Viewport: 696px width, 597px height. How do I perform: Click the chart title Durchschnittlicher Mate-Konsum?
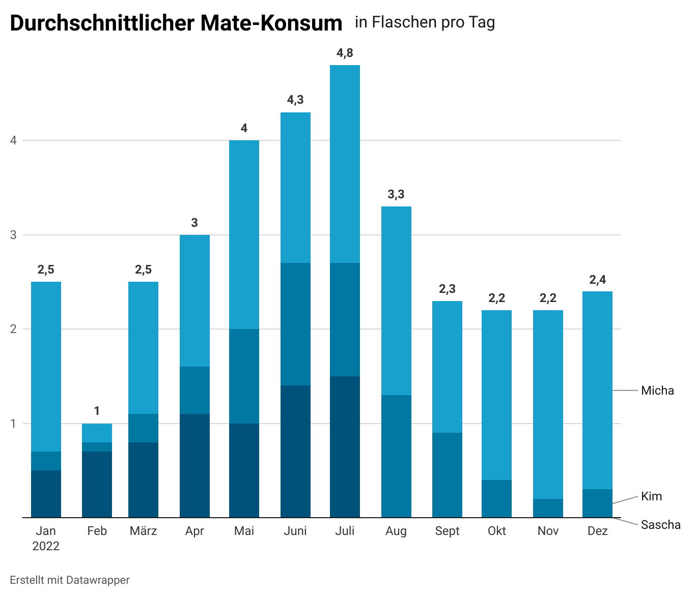tap(176, 23)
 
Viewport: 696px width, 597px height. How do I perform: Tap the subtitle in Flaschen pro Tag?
tap(425, 22)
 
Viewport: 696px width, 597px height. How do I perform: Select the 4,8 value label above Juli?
tap(345, 53)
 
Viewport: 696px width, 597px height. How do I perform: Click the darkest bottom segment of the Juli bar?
tap(345, 446)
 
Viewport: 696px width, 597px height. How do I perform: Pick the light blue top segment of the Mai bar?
tap(244, 234)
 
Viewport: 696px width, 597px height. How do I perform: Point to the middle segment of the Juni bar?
tap(295, 324)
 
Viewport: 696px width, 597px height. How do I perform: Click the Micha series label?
tap(657, 391)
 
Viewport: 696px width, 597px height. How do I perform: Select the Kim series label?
tap(651, 496)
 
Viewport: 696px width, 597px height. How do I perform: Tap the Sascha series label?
tap(660, 525)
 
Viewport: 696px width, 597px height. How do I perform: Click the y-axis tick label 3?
tap(13, 235)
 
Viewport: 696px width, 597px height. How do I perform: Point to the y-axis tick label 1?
tap(13, 424)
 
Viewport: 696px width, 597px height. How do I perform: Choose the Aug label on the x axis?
tap(396, 531)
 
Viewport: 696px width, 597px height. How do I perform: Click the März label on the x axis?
tap(143, 531)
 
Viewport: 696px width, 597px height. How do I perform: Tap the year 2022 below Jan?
tap(46, 546)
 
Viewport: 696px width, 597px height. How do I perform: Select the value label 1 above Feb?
tap(97, 411)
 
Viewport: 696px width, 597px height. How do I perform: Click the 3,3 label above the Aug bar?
tap(396, 194)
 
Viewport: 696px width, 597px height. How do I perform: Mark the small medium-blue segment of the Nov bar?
tap(548, 508)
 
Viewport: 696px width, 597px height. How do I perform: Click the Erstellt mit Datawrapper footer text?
tap(70, 580)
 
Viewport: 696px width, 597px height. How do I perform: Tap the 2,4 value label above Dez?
tap(597, 280)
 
